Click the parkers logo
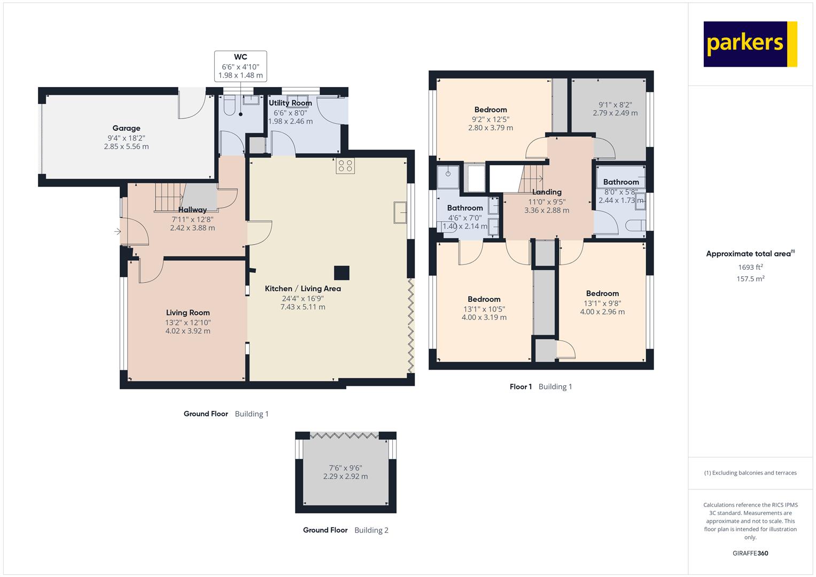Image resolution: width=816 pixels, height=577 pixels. tap(750, 44)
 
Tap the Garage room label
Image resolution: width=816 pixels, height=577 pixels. tap(126, 128)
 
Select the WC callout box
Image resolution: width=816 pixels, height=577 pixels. tap(240, 66)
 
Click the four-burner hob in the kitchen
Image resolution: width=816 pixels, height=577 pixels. tap(345, 166)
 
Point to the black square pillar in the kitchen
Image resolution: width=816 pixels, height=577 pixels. tap(341, 273)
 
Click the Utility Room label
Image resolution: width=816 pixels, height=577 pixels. tap(290, 103)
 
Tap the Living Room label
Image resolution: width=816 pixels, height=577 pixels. tap(188, 313)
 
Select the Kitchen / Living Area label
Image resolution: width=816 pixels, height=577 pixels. tap(302, 288)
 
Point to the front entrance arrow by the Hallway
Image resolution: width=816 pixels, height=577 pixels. tap(118, 231)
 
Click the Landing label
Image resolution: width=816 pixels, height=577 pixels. tap(547, 192)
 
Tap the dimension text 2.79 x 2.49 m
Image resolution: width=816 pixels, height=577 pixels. tap(615, 113)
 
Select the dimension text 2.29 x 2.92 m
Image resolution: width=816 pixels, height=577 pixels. tap(345, 477)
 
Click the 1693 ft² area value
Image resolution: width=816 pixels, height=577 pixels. tap(750, 267)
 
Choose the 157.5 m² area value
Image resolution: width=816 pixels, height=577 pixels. tap(750, 279)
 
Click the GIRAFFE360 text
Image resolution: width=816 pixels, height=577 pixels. tap(750, 553)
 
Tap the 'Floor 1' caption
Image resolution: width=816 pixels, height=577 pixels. tap(520, 386)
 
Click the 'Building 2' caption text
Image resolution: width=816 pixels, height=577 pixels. tap(371, 530)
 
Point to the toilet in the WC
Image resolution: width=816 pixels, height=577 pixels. tap(229, 106)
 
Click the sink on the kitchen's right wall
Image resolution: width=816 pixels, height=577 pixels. tap(400, 213)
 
